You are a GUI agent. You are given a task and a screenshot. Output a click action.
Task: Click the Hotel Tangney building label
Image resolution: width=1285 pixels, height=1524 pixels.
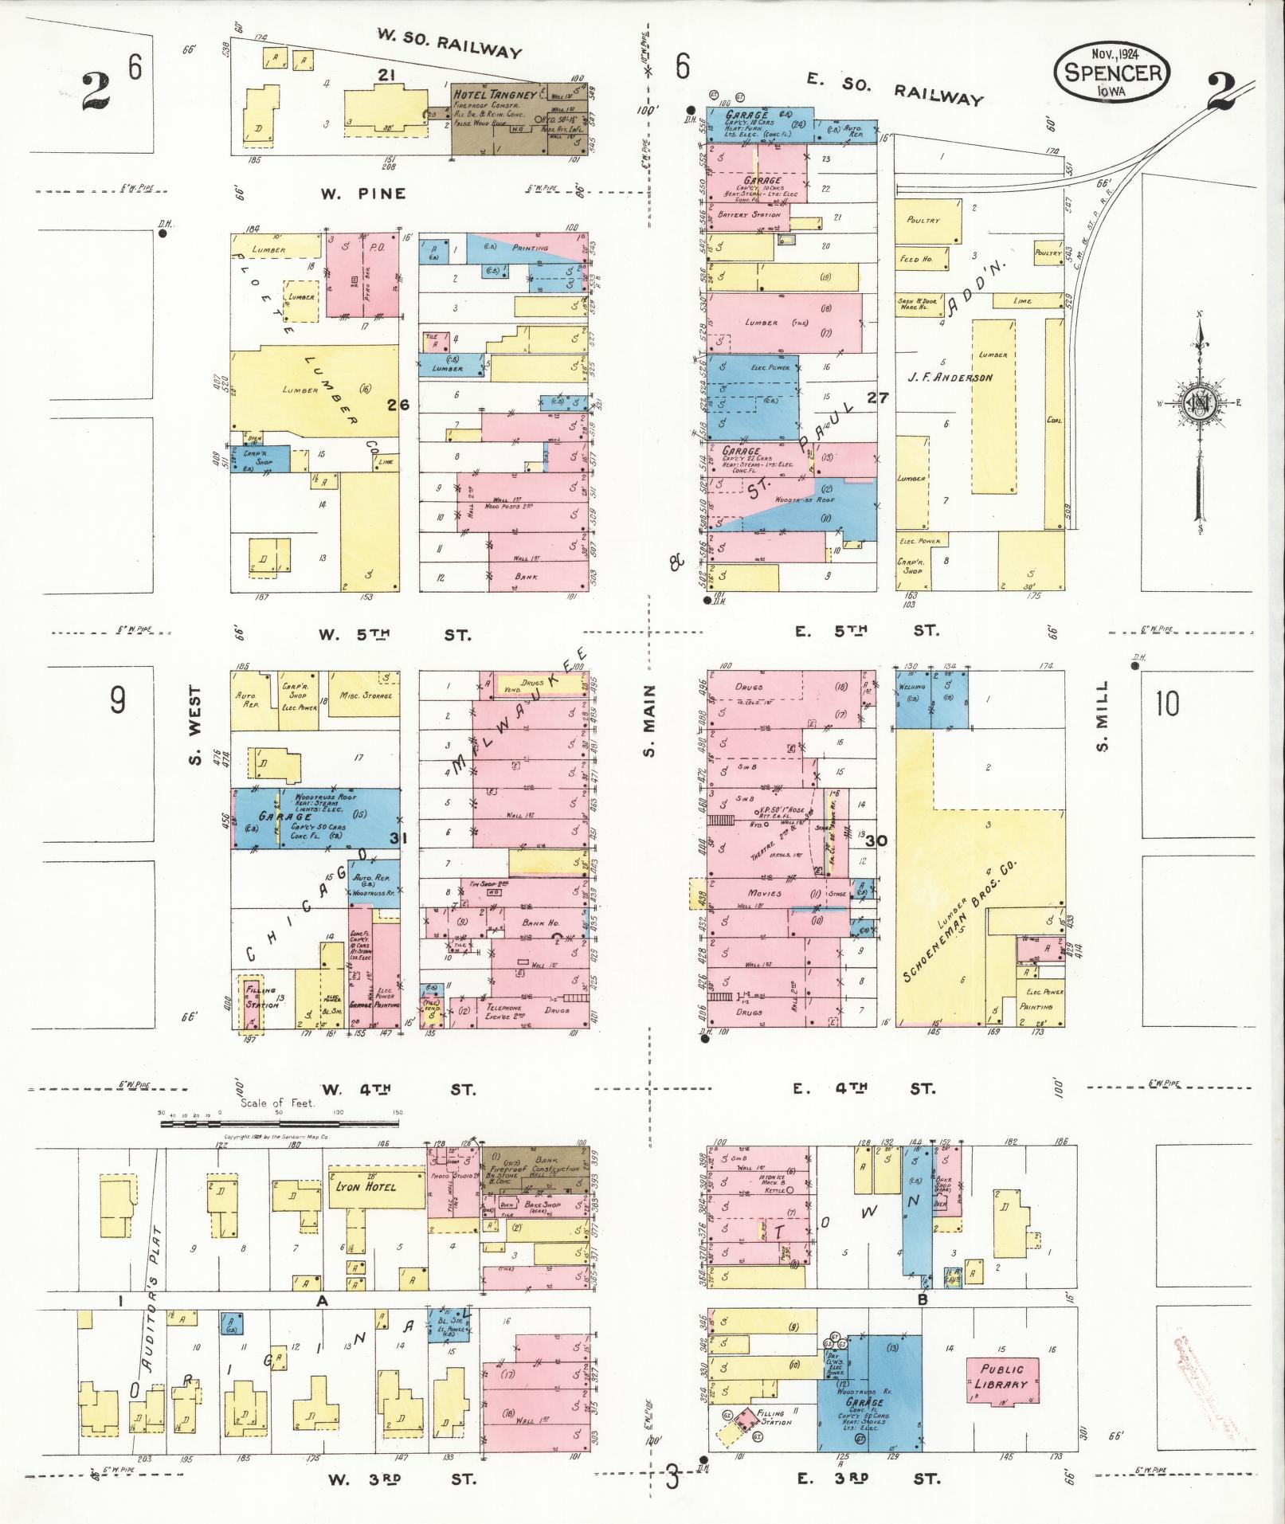(495, 95)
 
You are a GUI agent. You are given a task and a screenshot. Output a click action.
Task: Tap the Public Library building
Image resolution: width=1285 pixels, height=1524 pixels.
(1002, 1376)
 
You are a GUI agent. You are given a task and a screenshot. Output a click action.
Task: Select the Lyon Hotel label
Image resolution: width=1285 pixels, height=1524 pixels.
(366, 1186)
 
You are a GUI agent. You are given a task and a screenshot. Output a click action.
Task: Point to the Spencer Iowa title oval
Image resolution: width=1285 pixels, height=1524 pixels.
(1113, 71)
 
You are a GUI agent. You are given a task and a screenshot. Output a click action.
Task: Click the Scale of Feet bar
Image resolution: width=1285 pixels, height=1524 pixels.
(281, 1124)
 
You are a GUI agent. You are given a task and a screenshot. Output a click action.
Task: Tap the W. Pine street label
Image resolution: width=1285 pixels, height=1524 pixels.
(363, 194)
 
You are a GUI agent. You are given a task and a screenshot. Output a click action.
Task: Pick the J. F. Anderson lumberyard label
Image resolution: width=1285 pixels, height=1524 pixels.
(950, 377)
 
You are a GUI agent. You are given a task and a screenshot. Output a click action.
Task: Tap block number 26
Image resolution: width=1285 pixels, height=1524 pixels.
(398, 405)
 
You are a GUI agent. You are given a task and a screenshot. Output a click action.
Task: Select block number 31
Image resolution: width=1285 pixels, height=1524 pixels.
(398, 837)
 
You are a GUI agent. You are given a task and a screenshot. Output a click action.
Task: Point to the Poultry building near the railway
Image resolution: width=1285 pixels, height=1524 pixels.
(923, 220)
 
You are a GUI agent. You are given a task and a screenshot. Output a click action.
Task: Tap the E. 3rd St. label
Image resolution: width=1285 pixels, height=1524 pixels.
(868, 1479)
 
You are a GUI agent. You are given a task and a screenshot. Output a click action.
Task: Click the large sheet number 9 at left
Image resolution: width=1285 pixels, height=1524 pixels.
(118, 700)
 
